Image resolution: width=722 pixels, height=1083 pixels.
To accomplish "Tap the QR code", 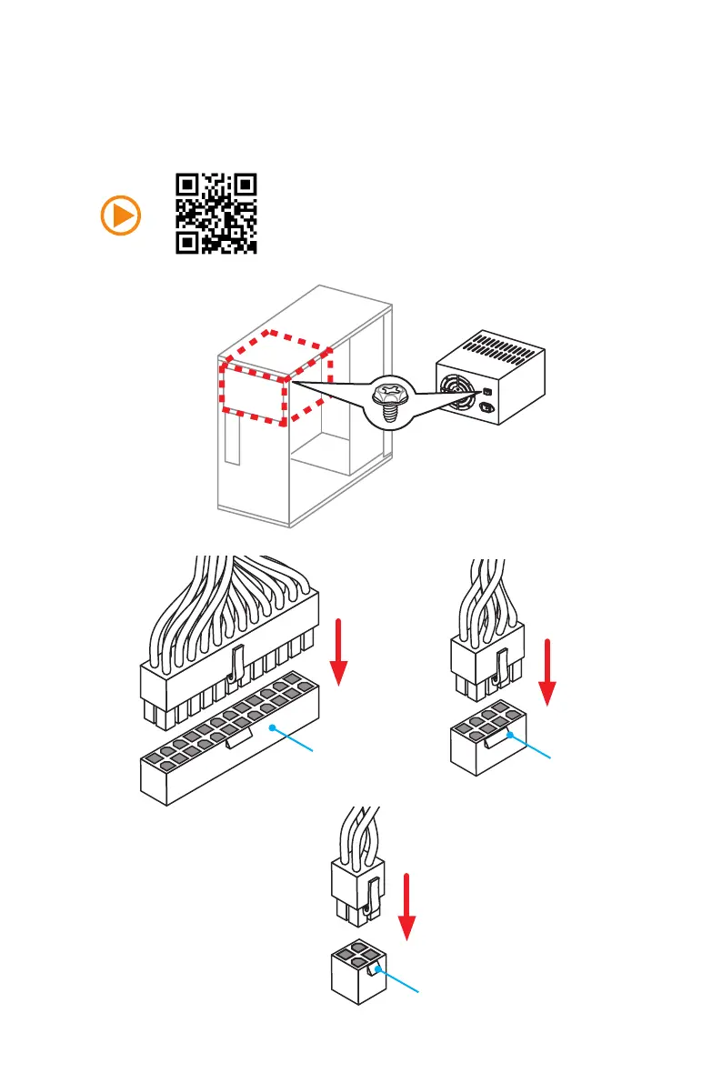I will click(216, 213).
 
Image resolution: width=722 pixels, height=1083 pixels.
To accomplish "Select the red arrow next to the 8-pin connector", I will click(548, 671).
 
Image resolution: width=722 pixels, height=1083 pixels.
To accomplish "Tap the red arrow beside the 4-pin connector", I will click(408, 906).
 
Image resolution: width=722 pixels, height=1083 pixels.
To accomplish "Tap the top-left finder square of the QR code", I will click(187, 185).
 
